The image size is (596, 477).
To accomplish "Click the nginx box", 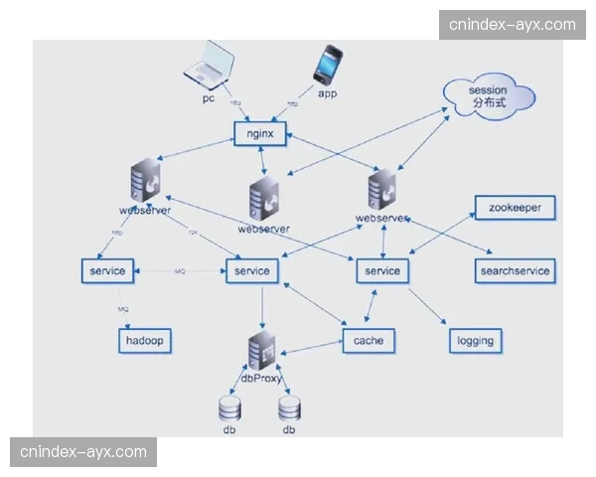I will click(x=260, y=132).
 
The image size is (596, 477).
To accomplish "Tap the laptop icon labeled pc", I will click(x=210, y=68).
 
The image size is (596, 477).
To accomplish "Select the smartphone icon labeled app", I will click(x=328, y=66).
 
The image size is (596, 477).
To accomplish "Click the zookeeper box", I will click(x=515, y=208).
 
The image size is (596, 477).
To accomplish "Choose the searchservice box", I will click(x=515, y=270).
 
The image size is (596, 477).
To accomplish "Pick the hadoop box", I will click(x=145, y=341).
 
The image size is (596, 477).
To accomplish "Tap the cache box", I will click(x=369, y=341).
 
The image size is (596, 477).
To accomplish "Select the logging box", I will click(x=474, y=341).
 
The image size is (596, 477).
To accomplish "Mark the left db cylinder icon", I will click(x=229, y=408).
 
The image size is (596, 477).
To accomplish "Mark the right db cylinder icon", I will click(x=289, y=408).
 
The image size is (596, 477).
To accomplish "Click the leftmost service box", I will click(x=106, y=270).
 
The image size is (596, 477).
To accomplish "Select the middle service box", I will click(x=253, y=270).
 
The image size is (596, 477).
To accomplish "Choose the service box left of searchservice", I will click(x=382, y=270).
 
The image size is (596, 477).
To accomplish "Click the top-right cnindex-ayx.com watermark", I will click(x=513, y=24).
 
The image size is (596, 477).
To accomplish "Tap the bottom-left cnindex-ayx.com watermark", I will click(x=83, y=452).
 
